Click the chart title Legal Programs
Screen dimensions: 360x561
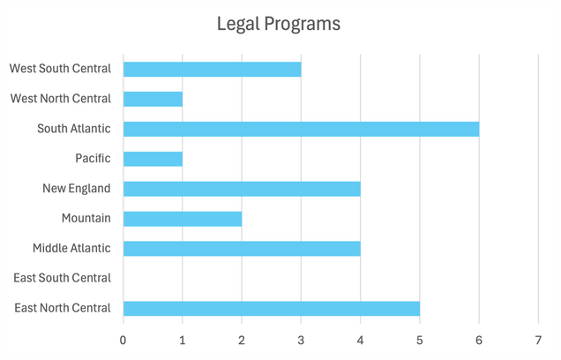click(279, 24)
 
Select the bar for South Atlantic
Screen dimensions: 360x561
click(301, 129)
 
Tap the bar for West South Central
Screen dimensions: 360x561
click(212, 69)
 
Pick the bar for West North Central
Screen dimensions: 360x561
click(153, 99)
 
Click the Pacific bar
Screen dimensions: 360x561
click(153, 159)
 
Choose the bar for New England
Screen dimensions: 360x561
click(242, 189)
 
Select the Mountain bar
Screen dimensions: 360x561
click(183, 219)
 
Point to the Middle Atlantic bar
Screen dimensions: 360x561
click(242, 249)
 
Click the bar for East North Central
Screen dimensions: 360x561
click(271, 308)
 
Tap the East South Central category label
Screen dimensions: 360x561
click(62, 278)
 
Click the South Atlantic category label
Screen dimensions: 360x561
click(73, 129)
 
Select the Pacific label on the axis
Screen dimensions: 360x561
click(93, 159)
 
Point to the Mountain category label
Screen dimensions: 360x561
click(86, 219)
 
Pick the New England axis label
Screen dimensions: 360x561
click(77, 189)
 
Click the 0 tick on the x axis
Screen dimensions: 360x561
click(123, 339)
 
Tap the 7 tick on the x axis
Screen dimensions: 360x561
click(538, 339)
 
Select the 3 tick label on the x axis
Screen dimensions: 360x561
click(301, 339)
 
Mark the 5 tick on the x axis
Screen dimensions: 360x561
click(420, 339)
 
